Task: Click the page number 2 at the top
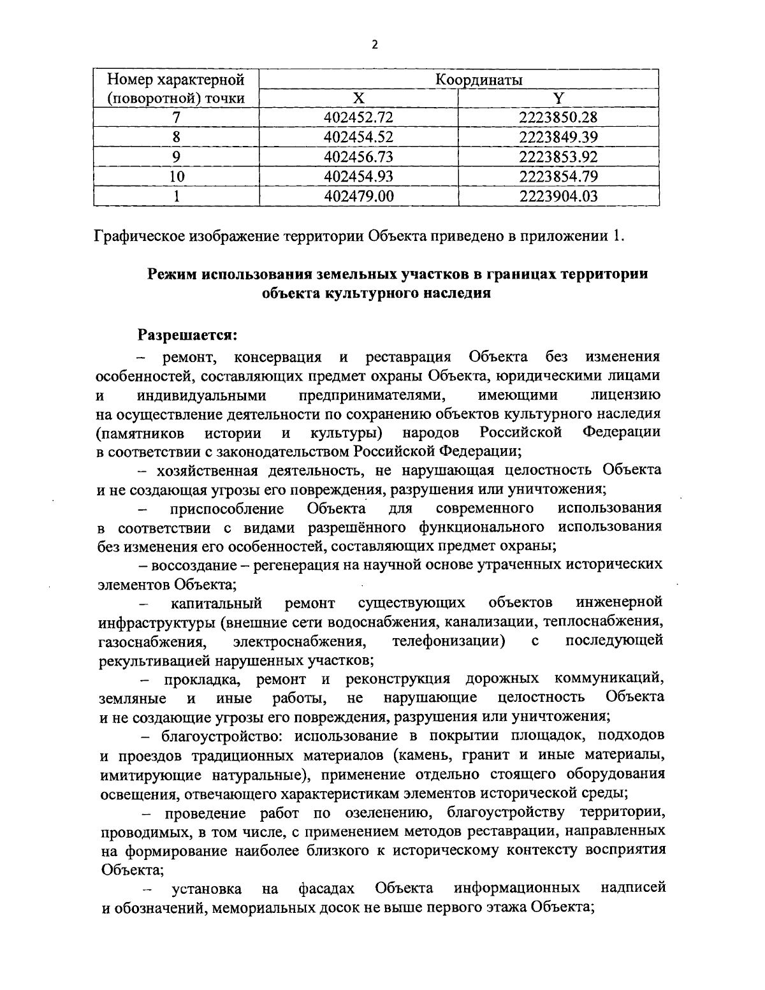pos(375,44)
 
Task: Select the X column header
pos(359,98)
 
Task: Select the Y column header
pos(558,98)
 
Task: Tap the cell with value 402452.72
pos(359,117)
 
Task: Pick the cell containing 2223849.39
pos(558,137)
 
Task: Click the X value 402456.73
pos(359,157)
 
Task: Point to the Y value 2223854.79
pos(558,176)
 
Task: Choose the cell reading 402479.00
pos(359,196)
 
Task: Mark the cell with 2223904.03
pos(558,196)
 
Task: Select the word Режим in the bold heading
pos(171,274)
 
